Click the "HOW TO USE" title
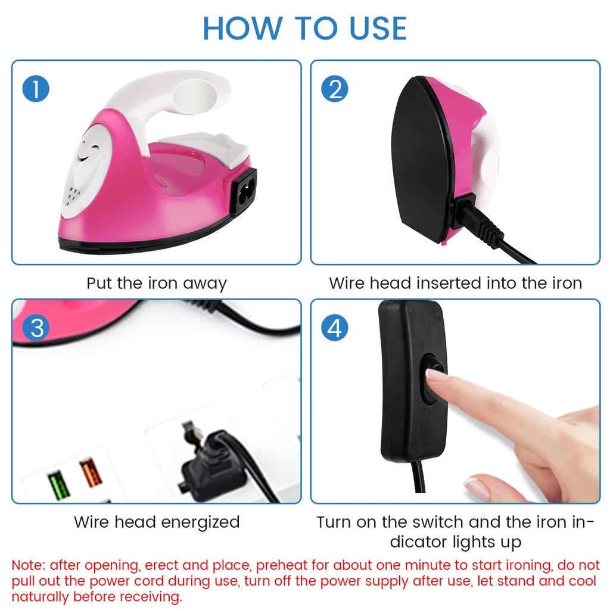point(304,29)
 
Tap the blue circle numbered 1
point(36,89)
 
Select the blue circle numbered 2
point(335,89)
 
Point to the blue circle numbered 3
point(36,328)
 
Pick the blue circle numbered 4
point(335,328)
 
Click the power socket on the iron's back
point(244,191)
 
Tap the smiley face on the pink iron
point(88,152)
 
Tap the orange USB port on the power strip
point(91,472)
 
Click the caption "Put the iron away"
point(157,284)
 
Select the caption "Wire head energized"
point(157,522)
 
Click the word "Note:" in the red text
point(29,565)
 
